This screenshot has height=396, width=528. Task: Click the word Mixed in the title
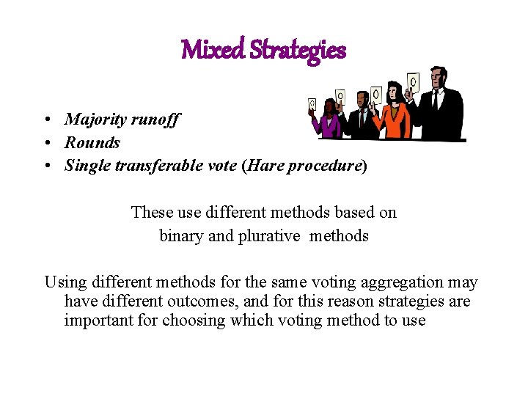(x=213, y=50)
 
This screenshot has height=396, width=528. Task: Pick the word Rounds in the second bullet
(x=92, y=142)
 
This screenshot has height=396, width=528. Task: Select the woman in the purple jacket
(x=327, y=123)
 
